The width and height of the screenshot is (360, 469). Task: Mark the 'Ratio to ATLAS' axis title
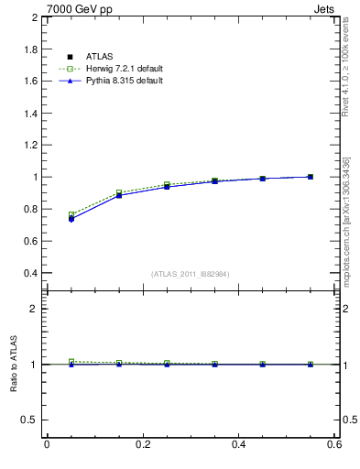coord(14,365)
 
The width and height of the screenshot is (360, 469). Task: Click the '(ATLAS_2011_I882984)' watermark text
coord(191,274)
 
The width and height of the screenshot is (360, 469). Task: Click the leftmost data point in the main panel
coord(71,218)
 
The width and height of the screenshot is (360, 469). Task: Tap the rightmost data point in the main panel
coord(311,177)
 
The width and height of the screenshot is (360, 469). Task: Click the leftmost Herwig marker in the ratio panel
coord(71,362)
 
